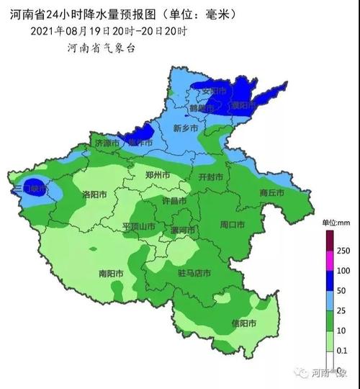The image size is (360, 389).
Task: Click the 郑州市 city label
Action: [157, 175]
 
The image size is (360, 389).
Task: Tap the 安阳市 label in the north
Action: [214, 91]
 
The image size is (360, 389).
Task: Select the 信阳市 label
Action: [244, 323]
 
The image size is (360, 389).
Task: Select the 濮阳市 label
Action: [244, 105]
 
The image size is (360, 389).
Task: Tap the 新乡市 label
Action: [186, 128]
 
